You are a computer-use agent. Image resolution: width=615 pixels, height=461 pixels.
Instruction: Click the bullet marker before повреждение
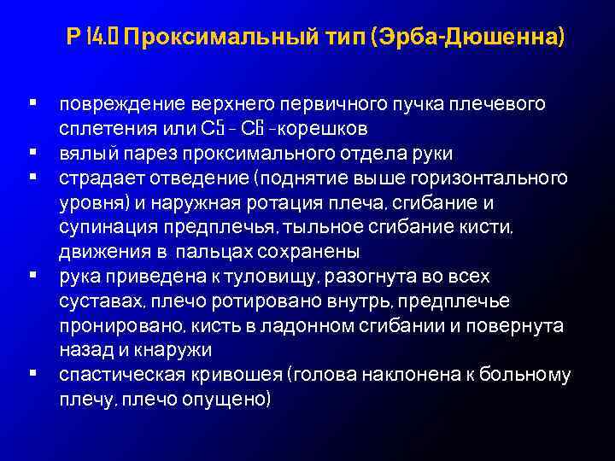coord(31,102)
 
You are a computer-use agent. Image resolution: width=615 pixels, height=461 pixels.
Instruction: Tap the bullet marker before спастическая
coord(31,373)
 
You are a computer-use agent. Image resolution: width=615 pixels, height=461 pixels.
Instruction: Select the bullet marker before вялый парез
coord(31,152)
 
